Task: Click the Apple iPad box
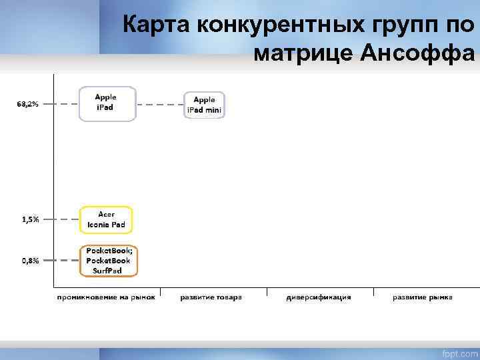pos(107,103)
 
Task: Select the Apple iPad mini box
pos(204,105)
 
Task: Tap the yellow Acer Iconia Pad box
pos(107,219)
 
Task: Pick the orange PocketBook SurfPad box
pos(108,261)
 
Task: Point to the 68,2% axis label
pos(28,104)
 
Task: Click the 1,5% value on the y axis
pos(30,219)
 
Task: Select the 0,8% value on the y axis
pos(30,261)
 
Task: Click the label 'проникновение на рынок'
pos(107,297)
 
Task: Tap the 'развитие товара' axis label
pos(211,297)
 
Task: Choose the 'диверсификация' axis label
pos(319,297)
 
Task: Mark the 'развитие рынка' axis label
pos(422,297)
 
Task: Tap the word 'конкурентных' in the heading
pos(277,25)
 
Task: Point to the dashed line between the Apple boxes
pos(159,105)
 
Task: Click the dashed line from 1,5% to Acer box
pos(62,219)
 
